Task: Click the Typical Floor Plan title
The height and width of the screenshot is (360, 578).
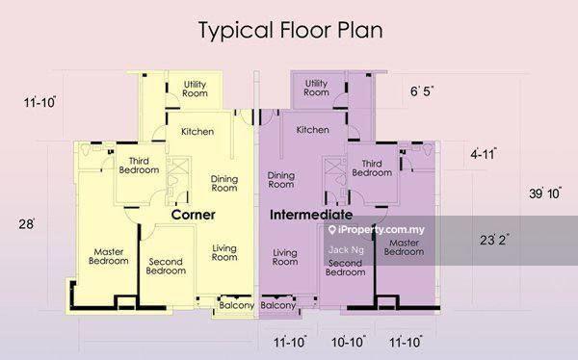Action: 291,30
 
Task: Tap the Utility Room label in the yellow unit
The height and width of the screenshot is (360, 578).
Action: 195,89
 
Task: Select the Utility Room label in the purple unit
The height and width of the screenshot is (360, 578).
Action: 316,88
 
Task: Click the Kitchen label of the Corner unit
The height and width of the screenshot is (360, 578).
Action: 197,132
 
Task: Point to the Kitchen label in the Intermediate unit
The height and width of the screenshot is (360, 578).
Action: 312,130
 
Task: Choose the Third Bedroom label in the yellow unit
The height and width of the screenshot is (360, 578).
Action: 139,166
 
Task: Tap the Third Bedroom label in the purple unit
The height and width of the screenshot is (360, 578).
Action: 372,168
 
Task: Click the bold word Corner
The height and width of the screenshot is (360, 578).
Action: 194,215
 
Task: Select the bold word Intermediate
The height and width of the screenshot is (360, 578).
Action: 311,215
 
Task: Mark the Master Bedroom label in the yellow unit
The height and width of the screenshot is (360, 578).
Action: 109,256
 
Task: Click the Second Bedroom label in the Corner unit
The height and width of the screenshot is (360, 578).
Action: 166,266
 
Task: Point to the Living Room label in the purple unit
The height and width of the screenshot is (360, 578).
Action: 285,257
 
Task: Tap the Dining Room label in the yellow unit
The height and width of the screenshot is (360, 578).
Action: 224,184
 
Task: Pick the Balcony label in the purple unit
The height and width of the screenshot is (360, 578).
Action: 278,305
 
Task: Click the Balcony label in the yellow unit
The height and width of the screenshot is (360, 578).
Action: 237,305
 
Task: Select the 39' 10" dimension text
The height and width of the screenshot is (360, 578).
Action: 545,193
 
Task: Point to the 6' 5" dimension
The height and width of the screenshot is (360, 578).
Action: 422,90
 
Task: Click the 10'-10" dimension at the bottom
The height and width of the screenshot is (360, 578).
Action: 349,342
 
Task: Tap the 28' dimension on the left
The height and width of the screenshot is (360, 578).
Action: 27,224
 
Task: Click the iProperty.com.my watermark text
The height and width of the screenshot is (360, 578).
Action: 377,230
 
